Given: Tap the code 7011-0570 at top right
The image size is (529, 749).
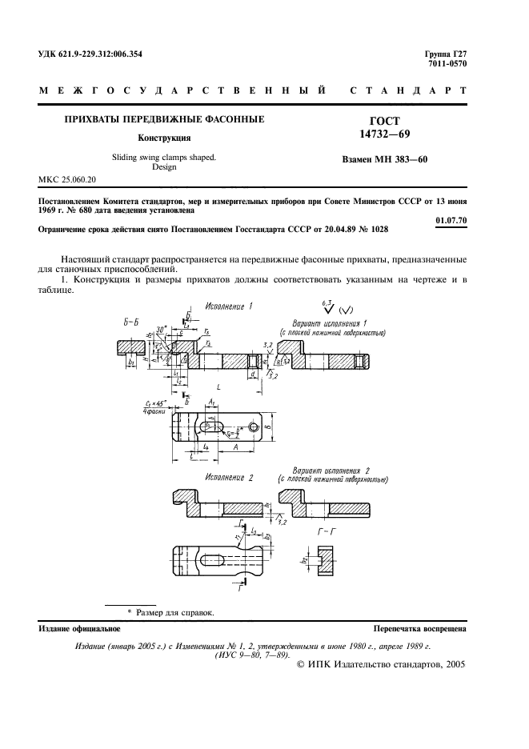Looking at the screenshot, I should pyautogui.click(x=447, y=64).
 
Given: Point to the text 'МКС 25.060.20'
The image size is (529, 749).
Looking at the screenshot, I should pyautogui.click(x=67, y=179).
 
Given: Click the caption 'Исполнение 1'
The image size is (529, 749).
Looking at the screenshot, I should pyautogui.click(x=229, y=306).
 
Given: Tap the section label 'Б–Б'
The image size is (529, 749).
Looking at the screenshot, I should pyautogui.click(x=132, y=322).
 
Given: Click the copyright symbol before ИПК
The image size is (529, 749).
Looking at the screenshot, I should pyautogui.click(x=302, y=663).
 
